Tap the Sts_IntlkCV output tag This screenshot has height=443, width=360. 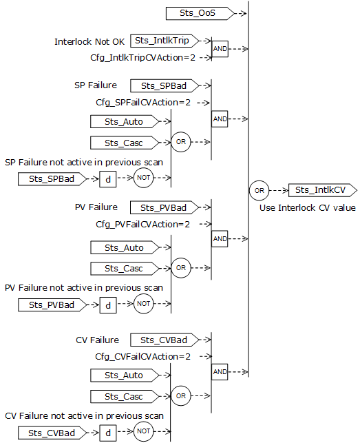click(x=321, y=190)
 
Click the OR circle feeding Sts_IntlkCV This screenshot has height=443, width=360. click(x=259, y=190)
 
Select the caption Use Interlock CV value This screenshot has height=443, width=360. click(x=307, y=207)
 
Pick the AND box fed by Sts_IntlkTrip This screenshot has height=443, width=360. click(x=220, y=50)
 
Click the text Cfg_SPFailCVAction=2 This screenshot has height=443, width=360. click(x=143, y=103)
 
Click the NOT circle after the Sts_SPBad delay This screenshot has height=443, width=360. click(x=143, y=178)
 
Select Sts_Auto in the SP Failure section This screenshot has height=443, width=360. click(x=124, y=122)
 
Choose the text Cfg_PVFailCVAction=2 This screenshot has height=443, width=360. click(x=143, y=225)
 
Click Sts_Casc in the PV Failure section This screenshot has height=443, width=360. click(x=124, y=268)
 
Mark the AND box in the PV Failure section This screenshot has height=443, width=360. click(x=220, y=238)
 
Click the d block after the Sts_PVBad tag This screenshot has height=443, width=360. click(x=108, y=304)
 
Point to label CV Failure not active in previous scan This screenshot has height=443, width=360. click(x=84, y=415)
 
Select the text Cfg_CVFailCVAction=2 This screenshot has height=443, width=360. click(x=143, y=356)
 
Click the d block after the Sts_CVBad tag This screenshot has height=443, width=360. click(x=108, y=433)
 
